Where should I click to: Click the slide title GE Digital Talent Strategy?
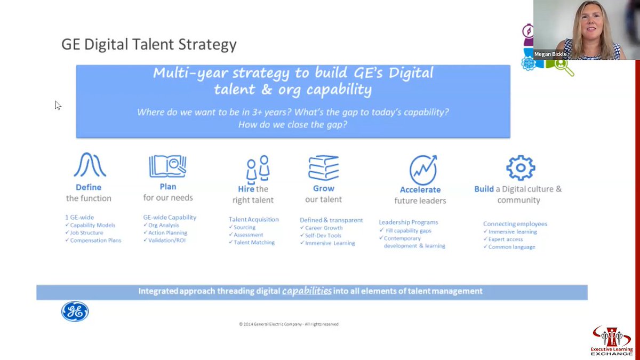coord(149,44)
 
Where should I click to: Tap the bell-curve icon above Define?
coord(89,165)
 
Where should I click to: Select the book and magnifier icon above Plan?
coord(167,167)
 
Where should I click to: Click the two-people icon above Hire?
coord(257,169)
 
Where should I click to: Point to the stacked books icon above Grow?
coord(324,167)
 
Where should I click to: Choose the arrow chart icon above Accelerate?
coord(423,170)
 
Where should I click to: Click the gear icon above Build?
coord(520,168)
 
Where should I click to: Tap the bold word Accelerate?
coord(420,190)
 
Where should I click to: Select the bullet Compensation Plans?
coord(96,241)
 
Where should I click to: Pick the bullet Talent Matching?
coord(254,243)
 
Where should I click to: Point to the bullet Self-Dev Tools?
coord(323,236)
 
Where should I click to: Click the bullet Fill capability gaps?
coord(407,230)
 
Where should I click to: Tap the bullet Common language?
coord(511,247)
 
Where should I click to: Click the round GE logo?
coord(75,312)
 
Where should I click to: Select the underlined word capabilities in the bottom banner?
coord(307,291)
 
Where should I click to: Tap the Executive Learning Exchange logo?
coord(612,341)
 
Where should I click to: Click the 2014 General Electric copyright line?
coord(289,324)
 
